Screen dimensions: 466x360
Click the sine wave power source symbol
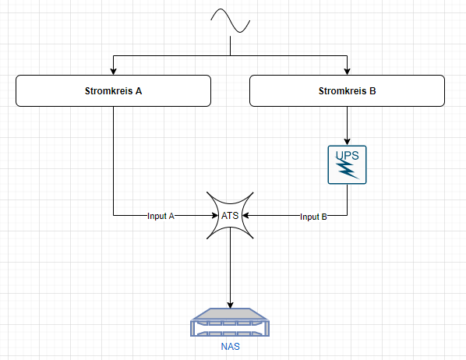pos(231,20)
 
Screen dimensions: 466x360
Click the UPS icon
pos(347,164)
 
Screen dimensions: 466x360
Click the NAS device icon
pos(230,323)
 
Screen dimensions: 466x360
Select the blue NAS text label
pos(231,347)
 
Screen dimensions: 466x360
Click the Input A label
pos(161,216)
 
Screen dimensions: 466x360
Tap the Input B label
pos(313,217)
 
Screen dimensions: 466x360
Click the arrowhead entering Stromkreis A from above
pos(113,72)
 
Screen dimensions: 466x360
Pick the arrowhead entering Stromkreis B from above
pos(347,72)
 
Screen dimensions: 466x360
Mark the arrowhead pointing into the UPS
pos(347,142)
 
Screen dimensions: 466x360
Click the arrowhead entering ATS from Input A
pos(215,215)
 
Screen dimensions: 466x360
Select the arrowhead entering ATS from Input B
pos(245,215)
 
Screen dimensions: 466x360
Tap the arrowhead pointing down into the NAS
pos(230,305)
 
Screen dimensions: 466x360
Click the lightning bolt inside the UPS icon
pos(348,169)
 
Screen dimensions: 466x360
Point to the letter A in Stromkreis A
pos(139,91)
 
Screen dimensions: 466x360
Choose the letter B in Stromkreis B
pos(372,91)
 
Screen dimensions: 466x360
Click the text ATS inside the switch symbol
pos(230,216)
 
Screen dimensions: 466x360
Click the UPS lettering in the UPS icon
pos(348,156)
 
